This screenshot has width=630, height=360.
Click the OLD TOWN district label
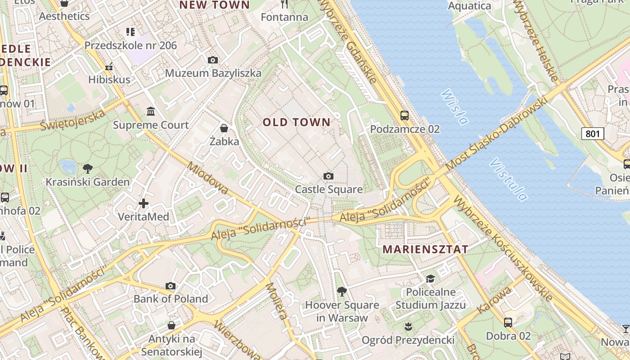click(297, 122)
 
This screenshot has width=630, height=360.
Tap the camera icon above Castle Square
click(328, 176)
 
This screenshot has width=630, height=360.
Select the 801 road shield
click(592, 133)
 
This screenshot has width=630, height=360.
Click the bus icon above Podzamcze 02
click(405, 116)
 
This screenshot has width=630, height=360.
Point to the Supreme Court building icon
click(151, 111)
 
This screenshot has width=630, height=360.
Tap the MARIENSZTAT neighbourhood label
click(425, 249)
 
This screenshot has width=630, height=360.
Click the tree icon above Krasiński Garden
click(88, 169)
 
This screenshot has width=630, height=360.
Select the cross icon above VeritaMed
click(144, 203)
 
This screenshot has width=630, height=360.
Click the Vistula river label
click(509, 179)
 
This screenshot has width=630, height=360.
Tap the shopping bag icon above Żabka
click(224, 128)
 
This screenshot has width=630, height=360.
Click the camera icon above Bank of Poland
click(171, 286)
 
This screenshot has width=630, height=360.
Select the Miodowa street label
click(207, 178)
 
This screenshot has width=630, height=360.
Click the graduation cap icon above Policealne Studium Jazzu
click(430, 279)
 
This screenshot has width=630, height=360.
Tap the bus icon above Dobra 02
click(508, 322)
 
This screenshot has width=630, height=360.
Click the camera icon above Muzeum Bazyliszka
click(213, 60)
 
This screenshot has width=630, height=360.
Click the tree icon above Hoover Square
click(342, 291)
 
